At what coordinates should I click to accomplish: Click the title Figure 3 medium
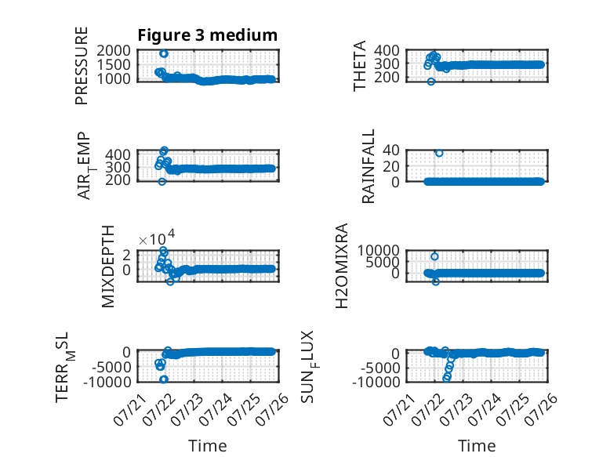click(x=207, y=35)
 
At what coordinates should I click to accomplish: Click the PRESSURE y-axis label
click(x=82, y=66)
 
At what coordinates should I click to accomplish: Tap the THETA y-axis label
click(x=360, y=66)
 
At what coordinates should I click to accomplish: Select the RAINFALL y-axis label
click(x=368, y=166)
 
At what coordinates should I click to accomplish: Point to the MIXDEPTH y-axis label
click(x=107, y=267)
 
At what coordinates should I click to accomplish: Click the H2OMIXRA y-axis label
click(x=341, y=266)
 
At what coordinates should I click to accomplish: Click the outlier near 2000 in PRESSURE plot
click(x=164, y=53)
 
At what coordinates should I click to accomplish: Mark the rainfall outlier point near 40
click(x=439, y=153)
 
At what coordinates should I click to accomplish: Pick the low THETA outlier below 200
click(x=431, y=82)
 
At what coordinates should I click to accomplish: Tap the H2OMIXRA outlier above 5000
click(x=434, y=256)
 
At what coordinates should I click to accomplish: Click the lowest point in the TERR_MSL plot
click(x=164, y=379)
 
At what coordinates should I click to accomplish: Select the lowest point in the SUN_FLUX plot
click(x=446, y=378)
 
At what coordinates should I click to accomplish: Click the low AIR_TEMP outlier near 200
click(x=162, y=182)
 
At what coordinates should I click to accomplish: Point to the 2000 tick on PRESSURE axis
click(x=114, y=51)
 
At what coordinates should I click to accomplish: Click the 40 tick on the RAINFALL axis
click(x=391, y=151)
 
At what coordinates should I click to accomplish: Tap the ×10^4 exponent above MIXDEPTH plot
click(x=157, y=238)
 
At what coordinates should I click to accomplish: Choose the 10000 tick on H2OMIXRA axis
click(x=379, y=251)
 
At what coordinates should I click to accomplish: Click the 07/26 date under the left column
click(x=274, y=408)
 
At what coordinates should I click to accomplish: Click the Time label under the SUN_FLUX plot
click(x=477, y=446)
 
